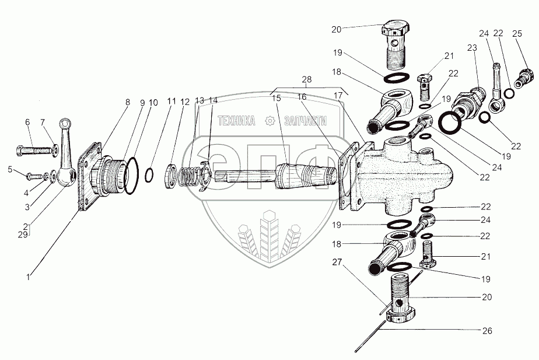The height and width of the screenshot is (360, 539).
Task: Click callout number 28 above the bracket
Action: [x=307, y=79]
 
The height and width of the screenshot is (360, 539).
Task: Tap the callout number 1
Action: [x=29, y=277]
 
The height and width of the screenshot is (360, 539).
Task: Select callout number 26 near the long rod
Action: [x=487, y=331]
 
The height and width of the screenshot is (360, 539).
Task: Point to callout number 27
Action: [x=337, y=263]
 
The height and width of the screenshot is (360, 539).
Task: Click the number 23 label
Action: [x=472, y=48]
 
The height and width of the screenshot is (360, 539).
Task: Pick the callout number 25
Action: [x=517, y=34]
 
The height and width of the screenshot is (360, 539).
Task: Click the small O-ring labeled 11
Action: [x=149, y=175]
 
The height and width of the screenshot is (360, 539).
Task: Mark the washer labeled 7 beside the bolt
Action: [x=55, y=151]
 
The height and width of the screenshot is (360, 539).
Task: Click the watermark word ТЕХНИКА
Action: [x=237, y=121]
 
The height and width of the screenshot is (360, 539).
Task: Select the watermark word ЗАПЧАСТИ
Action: [x=305, y=121]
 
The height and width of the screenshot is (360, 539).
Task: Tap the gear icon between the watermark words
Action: [x=270, y=121]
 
